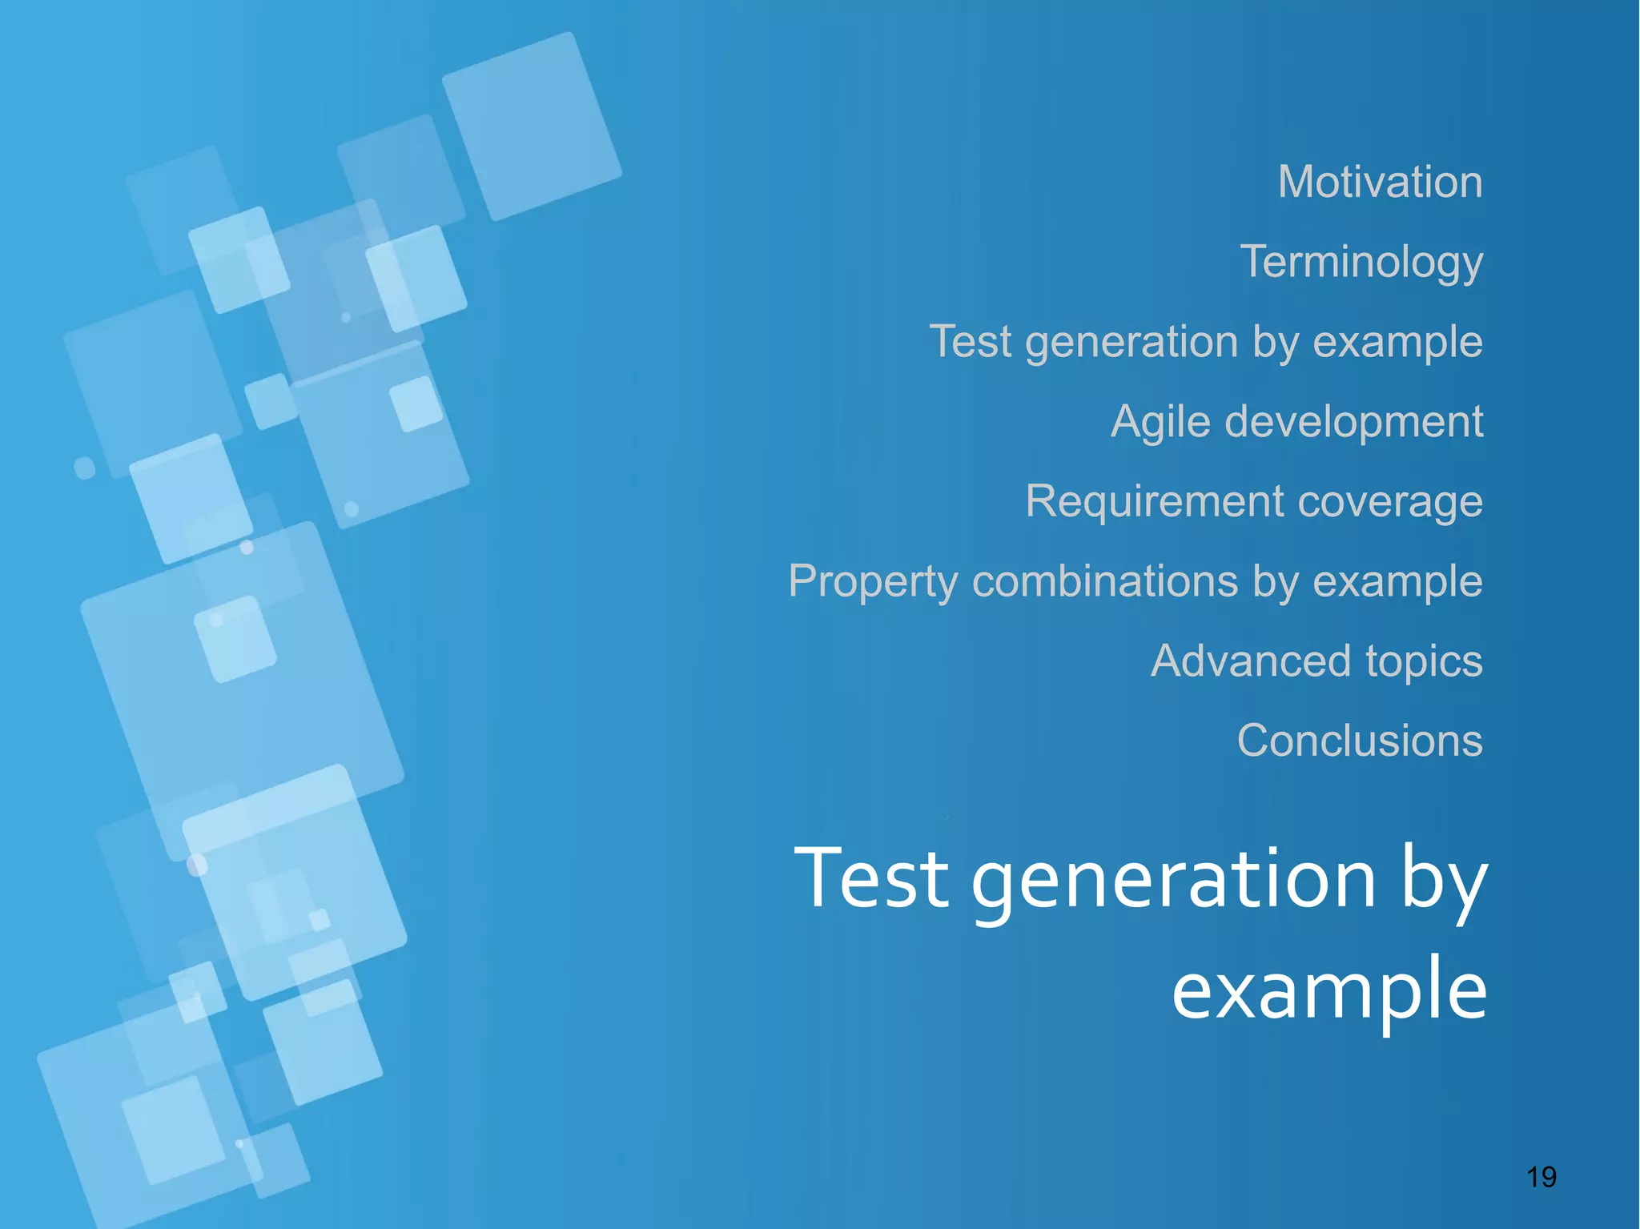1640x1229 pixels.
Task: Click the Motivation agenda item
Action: click(x=1380, y=182)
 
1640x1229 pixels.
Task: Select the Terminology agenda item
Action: click(x=1361, y=262)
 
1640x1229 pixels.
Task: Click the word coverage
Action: click(x=1390, y=502)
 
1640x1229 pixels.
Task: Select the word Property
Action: click(x=873, y=582)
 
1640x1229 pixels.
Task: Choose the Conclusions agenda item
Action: click(x=1360, y=741)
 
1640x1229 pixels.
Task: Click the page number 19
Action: click(x=1542, y=1177)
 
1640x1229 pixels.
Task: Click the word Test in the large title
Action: click(x=871, y=878)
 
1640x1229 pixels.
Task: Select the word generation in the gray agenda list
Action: click(x=1132, y=343)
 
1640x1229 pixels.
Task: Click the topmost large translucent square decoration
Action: click(x=532, y=127)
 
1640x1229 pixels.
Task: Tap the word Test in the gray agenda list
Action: click(x=970, y=342)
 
